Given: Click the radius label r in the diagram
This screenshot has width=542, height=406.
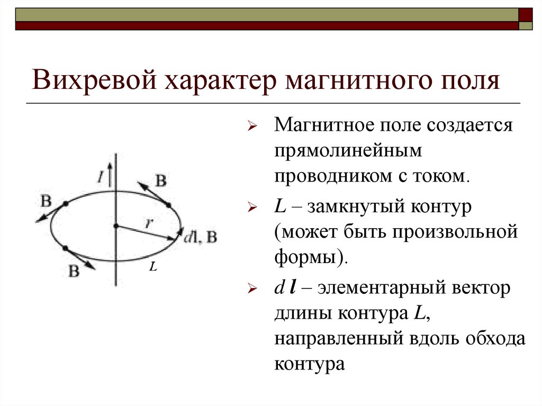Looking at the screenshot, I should tap(150, 223).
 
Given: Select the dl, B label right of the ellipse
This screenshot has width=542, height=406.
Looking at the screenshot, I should tap(200, 237).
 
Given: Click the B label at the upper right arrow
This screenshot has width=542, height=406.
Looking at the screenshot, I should tap(161, 181).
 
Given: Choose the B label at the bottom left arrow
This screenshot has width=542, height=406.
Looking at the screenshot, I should tap(74, 272).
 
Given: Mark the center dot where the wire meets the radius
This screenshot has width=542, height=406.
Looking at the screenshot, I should tap(115, 227).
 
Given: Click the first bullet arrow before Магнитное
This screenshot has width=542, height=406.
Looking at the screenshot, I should tap(252, 128).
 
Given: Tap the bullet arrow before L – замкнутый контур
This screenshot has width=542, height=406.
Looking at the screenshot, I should tap(252, 209).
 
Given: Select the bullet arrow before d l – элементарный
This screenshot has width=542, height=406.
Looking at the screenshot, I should tap(252, 290).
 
